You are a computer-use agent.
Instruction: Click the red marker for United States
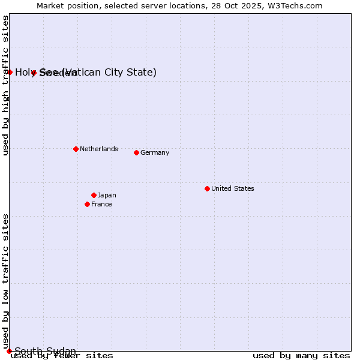tap(207, 188)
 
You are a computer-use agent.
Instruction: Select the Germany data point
tap(136, 152)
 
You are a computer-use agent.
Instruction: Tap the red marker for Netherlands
tap(76, 149)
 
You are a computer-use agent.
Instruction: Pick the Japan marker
tap(94, 195)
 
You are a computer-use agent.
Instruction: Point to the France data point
tap(87, 204)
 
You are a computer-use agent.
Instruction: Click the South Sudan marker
tap(9, 351)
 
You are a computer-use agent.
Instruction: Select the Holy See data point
tap(10, 72)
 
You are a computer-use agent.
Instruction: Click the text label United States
tap(232, 188)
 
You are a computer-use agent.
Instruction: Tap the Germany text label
tap(155, 152)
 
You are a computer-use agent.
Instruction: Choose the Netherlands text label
tap(98, 149)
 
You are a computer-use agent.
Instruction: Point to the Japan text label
tap(107, 195)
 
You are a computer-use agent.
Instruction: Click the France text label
tap(101, 204)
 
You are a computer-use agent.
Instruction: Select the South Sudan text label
tap(45, 351)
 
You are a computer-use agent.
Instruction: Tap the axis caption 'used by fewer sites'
tap(62, 356)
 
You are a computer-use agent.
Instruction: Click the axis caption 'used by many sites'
tap(301, 356)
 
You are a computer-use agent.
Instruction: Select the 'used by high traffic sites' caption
tap(5, 85)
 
